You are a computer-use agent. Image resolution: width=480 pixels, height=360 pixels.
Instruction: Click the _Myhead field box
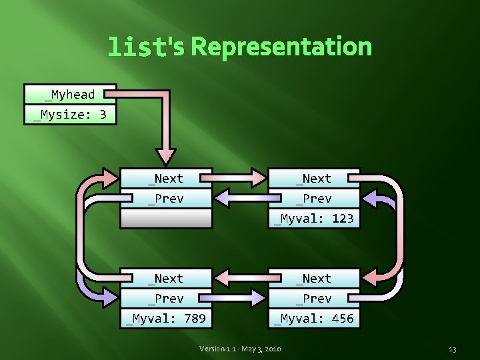pos(70,94)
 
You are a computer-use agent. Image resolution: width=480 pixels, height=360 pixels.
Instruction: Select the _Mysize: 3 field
pos(70,115)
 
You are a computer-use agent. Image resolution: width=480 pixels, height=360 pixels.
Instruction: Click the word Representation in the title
pos(281,47)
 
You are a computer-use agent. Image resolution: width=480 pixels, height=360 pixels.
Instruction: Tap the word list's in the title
pos(147,47)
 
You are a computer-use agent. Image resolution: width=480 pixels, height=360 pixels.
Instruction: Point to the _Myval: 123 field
pos(314,218)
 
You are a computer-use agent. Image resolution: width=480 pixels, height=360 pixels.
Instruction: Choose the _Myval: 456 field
pos(314,319)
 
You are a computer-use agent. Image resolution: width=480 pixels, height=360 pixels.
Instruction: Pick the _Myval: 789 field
pos(166,319)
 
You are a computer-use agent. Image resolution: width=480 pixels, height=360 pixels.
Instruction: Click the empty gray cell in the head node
pos(166,218)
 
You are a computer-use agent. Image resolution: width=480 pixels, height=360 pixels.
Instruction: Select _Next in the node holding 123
pos(314,178)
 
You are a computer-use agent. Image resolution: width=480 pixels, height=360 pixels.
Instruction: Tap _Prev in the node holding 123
pos(314,198)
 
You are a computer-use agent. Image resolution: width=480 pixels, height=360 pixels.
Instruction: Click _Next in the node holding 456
pos(314,278)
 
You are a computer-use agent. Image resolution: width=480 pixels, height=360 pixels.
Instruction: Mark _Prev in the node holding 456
pos(314,298)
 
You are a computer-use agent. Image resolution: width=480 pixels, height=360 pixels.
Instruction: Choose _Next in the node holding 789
pos(166,278)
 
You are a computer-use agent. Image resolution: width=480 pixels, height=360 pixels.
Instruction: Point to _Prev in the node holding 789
pos(166,298)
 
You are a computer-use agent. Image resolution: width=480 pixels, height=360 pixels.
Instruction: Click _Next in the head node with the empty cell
pos(166,178)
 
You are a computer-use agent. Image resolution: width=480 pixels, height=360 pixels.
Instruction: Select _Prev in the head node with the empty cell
pos(166,198)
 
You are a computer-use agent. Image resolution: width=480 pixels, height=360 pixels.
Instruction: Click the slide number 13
pos(453,349)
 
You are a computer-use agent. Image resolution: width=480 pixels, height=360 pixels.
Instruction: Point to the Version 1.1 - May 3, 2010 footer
pos(241,349)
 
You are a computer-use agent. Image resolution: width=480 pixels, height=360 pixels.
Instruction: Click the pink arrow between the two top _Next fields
pos(240,178)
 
